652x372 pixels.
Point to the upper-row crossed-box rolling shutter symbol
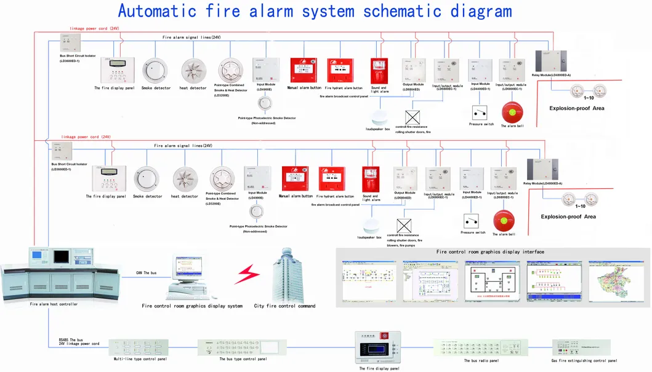tap(412, 117)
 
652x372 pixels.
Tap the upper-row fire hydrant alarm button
tap(340, 70)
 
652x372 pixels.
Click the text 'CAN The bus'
tap(146, 272)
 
